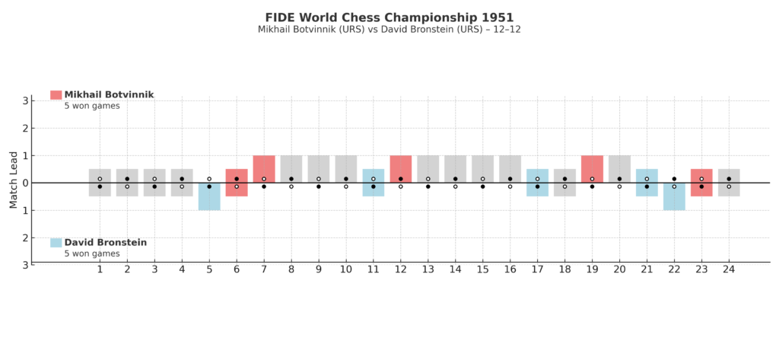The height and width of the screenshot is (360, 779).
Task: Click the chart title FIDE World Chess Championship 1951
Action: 389,17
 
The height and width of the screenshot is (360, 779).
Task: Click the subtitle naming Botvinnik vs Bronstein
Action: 389,30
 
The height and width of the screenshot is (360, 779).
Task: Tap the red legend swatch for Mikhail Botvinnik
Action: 56,94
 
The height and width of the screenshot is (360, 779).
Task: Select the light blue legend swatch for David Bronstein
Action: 56,242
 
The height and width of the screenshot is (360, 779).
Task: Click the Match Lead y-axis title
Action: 13,180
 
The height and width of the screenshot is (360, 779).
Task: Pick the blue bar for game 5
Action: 209,196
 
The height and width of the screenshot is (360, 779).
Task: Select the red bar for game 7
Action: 264,169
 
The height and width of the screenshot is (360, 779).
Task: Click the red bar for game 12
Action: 401,169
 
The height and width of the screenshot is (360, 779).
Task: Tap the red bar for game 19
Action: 592,169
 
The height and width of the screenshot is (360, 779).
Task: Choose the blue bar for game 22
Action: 674,196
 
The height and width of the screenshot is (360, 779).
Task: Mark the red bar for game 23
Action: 701,183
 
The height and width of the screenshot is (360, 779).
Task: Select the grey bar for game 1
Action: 100,183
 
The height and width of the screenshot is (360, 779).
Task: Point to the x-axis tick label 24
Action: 729,269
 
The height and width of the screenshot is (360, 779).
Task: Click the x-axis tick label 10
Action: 346,269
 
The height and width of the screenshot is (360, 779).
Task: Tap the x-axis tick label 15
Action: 482,269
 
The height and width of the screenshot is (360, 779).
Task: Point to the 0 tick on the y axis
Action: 25,183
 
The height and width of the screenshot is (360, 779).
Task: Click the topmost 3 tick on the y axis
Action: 25,100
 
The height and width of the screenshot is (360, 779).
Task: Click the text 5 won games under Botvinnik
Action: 91,106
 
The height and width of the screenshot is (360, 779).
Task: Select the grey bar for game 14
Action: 455,169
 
